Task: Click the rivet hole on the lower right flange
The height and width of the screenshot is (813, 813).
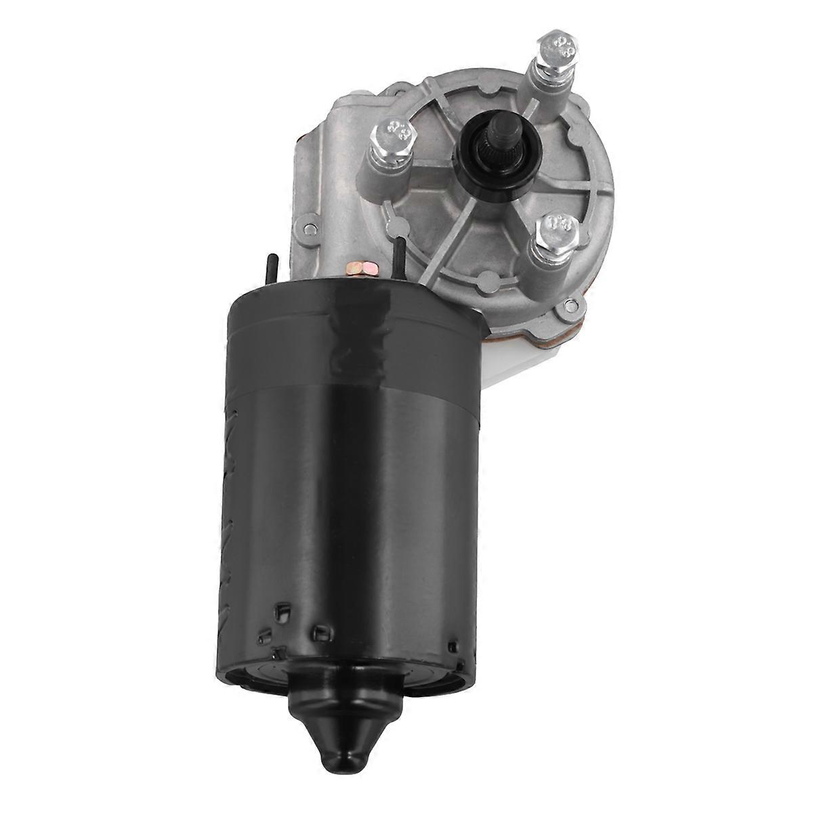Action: point(567,310)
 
